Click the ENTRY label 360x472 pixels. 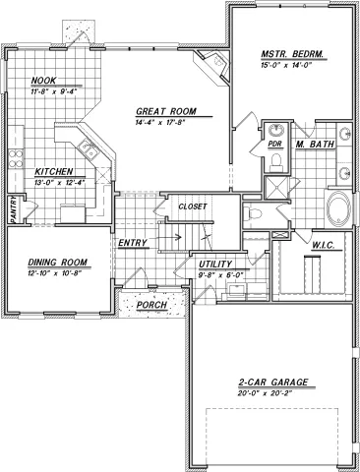pos(132,241)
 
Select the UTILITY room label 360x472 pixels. pos(214,265)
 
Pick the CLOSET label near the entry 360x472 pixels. pos(192,206)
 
